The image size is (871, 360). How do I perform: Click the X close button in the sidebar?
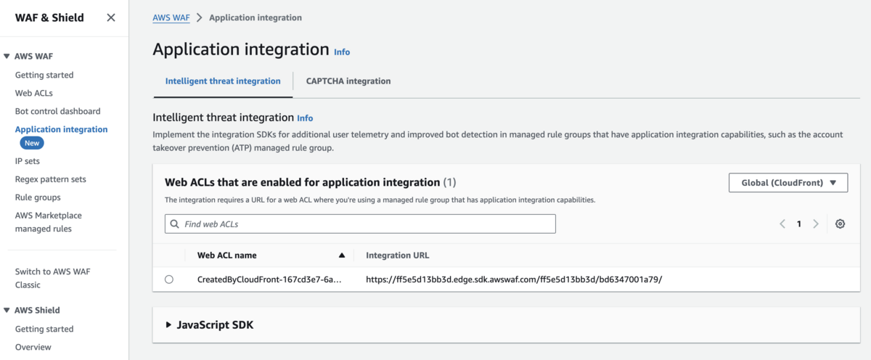pyautogui.click(x=111, y=17)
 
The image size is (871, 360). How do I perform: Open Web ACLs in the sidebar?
pyautogui.click(x=34, y=93)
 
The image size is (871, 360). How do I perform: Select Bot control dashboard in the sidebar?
pyautogui.click(x=58, y=111)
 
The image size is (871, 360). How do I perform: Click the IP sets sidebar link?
pyautogui.click(x=28, y=161)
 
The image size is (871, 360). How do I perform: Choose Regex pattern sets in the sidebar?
pyautogui.click(x=51, y=179)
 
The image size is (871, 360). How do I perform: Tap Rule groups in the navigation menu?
pyautogui.click(x=38, y=197)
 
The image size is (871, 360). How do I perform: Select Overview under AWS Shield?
pyautogui.click(x=33, y=347)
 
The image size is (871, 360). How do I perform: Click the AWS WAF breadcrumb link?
pyautogui.click(x=171, y=17)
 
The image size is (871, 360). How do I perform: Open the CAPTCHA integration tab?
pyautogui.click(x=348, y=81)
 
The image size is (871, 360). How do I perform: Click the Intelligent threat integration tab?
pyautogui.click(x=223, y=81)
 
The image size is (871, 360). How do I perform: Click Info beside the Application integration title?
pyautogui.click(x=342, y=52)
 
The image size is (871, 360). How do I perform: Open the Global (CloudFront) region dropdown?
pyautogui.click(x=788, y=183)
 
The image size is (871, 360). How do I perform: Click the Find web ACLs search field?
pyautogui.click(x=360, y=224)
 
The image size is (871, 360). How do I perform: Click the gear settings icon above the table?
pyautogui.click(x=840, y=224)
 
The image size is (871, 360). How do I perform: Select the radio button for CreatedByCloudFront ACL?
pyautogui.click(x=169, y=279)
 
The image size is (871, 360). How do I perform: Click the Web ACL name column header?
pyautogui.click(x=227, y=255)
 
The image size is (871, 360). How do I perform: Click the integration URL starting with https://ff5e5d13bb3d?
pyautogui.click(x=514, y=279)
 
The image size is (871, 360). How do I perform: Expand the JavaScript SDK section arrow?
pyautogui.click(x=169, y=325)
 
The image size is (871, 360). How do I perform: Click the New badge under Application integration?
pyautogui.click(x=32, y=144)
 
